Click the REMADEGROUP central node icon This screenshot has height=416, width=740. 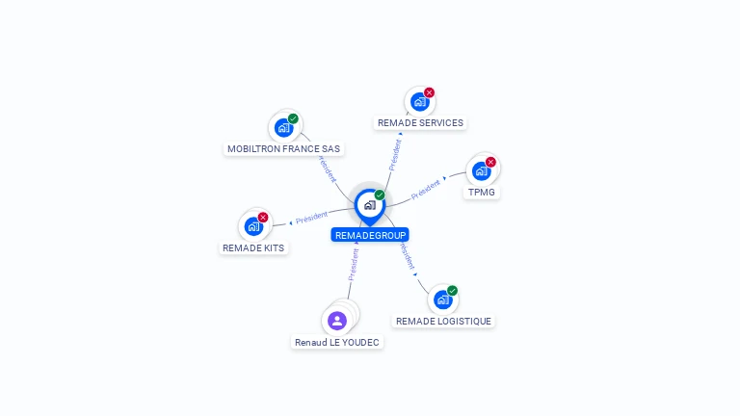pyautogui.click(x=369, y=204)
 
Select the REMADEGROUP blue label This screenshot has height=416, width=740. pyautogui.click(x=370, y=235)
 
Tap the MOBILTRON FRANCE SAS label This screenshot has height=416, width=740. pyautogui.click(x=283, y=149)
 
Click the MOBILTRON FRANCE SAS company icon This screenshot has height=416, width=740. pyautogui.click(x=283, y=127)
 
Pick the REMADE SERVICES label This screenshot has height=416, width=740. pyautogui.click(x=420, y=123)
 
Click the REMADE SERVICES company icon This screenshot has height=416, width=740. pyautogui.click(x=419, y=101)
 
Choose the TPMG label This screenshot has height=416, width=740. pyautogui.click(x=481, y=193)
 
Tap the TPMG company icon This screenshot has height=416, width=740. pyautogui.click(x=481, y=170)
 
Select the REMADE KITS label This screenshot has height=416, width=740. pyautogui.click(x=253, y=248)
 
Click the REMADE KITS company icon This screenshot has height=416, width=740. pyautogui.click(x=253, y=226)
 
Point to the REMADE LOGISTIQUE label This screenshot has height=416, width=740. pyautogui.click(x=443, y=322)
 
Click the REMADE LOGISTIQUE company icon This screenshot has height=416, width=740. pyautogui.click(x=442, y=299)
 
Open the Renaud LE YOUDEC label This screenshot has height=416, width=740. pyautogui.click(x=337, y=343)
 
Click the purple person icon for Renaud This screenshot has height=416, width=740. pyautogui.click(x=337, y=320)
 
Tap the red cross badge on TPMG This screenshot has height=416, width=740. pyautogui.click(x=490, y=162)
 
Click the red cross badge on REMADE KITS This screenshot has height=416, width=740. pyautogui.click(x=263, y=218)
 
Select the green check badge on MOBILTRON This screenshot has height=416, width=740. pyautogui.click(x=293, y=118)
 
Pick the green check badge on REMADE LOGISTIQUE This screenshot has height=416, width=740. pyautogui.click(x=452, y=291)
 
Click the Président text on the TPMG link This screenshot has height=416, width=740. pyautogui.click(x=426, y=189)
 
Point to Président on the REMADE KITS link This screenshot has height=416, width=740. pyautogui.click(x=312, y=218)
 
